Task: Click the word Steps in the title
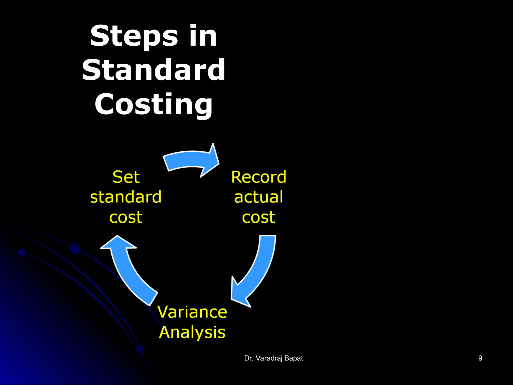[134, 36]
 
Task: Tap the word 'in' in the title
[203, 36]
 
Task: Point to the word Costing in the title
[154, 104]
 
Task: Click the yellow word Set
[126, 177]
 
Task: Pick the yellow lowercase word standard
[126, 197]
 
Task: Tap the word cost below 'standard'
[126, 217]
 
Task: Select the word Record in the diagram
[259, 177]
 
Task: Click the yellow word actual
[259, 197]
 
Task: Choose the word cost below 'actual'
[259, 217]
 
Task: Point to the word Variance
[192, 312]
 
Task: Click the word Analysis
[192, 332]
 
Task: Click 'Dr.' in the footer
[248, 358]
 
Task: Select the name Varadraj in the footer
[269, 358]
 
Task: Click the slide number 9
[480, 358]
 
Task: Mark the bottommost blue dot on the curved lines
[141, 350]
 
